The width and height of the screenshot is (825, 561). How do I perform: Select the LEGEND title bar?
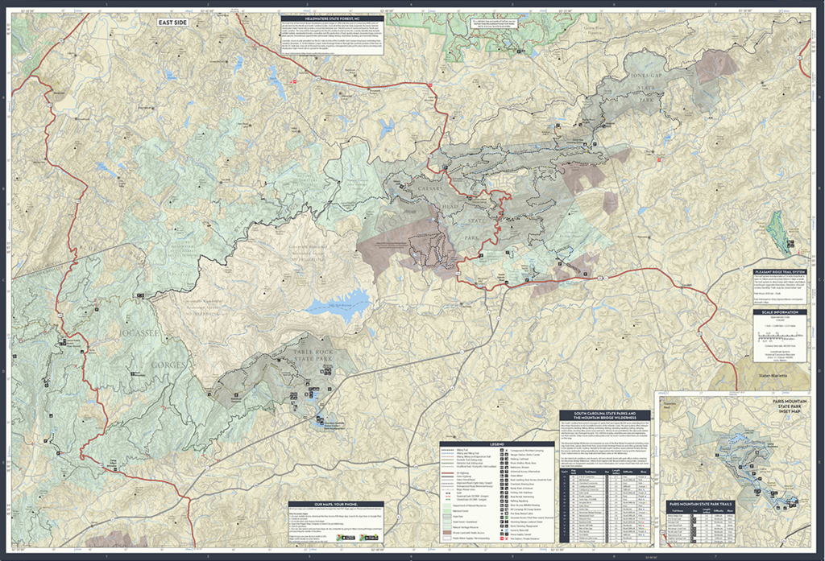[496, 443]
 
